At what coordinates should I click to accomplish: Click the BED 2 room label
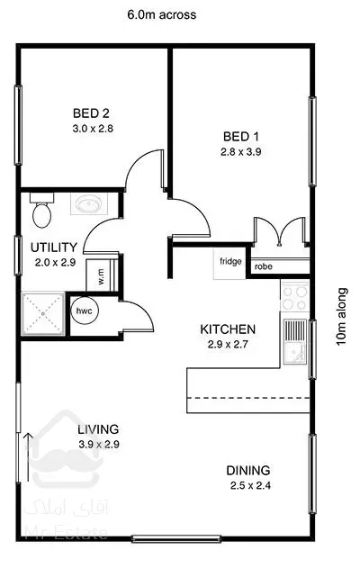click(91, 113)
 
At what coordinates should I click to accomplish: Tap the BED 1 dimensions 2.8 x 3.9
click(240, 151)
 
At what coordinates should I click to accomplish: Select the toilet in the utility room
click(41, 210)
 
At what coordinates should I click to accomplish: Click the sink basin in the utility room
click(89, 203)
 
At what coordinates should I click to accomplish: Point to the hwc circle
click(85, 311)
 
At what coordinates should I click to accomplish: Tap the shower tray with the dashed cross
click(43, 313)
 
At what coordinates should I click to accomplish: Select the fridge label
click(230, 261)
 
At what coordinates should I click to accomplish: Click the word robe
click(264, 266)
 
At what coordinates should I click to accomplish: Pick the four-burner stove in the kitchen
click(294, 298)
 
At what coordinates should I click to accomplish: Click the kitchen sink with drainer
click(295, 341)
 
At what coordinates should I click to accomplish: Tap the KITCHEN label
click(228, 329)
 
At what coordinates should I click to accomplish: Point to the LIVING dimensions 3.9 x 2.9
click(99, 444)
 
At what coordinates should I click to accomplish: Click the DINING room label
click(248, 470)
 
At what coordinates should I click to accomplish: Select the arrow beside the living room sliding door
click(28, 457)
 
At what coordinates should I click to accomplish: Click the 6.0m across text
click(162, 14)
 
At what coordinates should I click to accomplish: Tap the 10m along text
click(342, 317)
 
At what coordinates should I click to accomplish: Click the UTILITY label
click(54, 247)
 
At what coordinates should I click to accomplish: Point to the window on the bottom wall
click(176, 539)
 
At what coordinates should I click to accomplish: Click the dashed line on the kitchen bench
click(248, 398)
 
